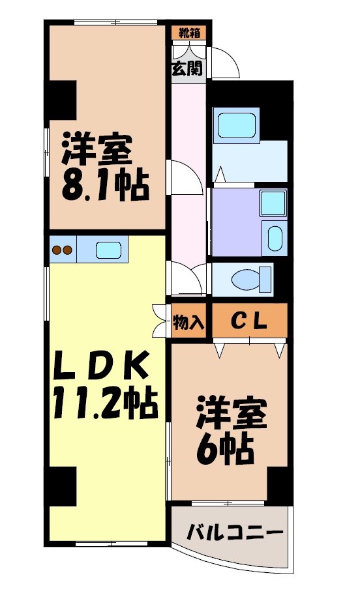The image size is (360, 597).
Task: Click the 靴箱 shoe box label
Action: click(189, 32)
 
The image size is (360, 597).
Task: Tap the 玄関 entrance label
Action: click(187, 68)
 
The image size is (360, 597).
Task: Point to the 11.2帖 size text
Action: click(105, 405)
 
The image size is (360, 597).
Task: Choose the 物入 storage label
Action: click(189, 321)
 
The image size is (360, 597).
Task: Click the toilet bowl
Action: click(251, 278)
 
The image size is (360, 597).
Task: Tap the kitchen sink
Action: click(108, 250)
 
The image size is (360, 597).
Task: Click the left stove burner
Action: click(56, 250)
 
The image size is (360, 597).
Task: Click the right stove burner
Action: click(67, 250)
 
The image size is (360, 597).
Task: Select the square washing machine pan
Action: click(273, 203)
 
